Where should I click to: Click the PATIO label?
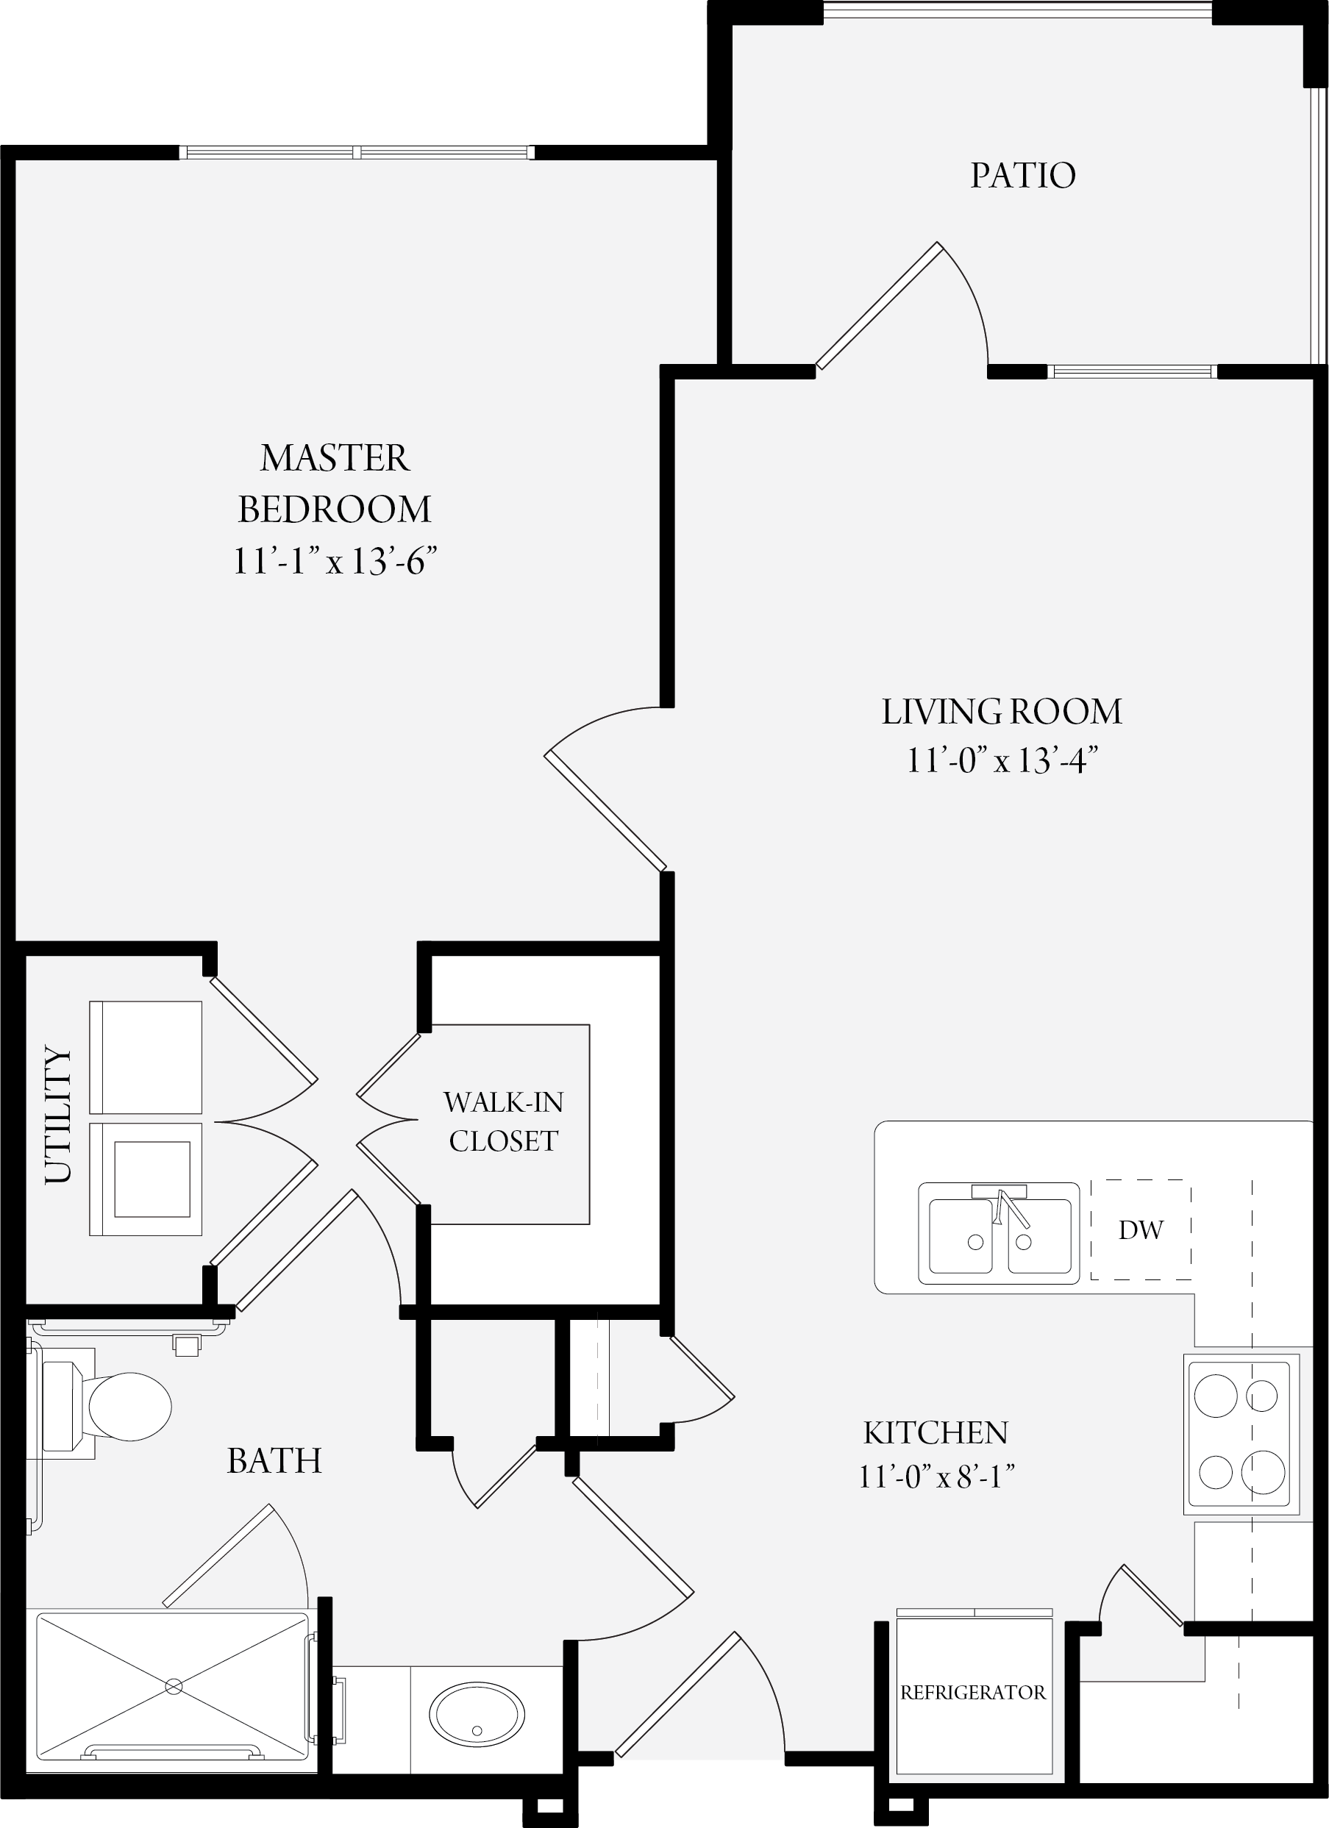[1023, 176]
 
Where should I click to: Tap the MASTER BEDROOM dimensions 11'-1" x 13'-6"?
[335, 560]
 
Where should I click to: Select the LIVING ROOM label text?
[1002, 712]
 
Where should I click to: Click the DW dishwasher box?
[1141, 1229]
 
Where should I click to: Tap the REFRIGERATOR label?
[974, 1693]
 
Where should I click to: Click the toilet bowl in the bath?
[129, 1407]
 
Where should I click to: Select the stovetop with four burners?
[1241, 1433]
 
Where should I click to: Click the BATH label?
[274, 1460]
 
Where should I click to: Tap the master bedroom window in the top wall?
[356, 151]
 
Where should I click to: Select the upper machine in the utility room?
[146, 1057]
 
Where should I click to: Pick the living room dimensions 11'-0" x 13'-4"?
[1002, 760]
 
